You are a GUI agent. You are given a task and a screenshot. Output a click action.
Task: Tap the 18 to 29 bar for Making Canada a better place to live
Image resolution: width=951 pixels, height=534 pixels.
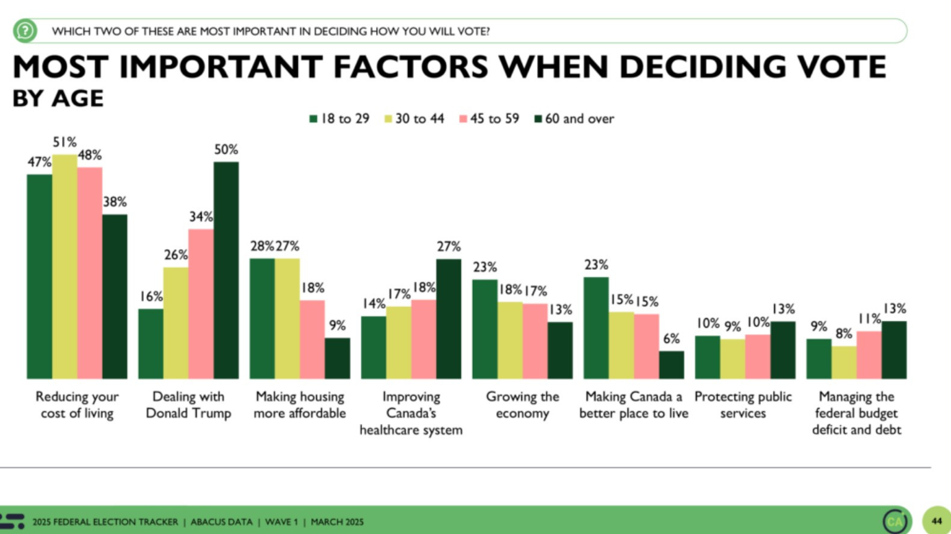596,328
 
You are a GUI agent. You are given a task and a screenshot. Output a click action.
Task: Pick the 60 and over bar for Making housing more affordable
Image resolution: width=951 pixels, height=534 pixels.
337,358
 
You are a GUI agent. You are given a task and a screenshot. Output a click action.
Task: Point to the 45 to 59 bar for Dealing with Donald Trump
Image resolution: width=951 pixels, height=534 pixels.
201,303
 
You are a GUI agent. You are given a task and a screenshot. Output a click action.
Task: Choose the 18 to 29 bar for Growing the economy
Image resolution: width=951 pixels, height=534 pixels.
485,329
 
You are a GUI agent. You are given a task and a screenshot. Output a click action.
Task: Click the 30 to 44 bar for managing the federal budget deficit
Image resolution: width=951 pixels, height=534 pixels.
844,362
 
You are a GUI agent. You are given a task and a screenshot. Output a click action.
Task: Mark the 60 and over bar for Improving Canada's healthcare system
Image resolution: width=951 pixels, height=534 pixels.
449,318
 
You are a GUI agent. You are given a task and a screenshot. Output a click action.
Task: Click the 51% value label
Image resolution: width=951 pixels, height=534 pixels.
64,142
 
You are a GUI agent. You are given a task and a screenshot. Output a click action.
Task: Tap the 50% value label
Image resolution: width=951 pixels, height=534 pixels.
226,149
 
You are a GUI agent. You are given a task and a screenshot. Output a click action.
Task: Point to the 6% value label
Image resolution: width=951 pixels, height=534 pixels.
671,339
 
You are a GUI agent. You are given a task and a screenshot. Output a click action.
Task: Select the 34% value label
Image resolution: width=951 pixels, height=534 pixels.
201,217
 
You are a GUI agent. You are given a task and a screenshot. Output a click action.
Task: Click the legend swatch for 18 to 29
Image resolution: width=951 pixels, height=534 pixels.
313,119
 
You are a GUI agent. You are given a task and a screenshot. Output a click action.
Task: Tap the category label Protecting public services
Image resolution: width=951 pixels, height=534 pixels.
743,405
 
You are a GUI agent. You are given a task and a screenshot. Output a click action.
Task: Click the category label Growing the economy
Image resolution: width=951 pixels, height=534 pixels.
522,405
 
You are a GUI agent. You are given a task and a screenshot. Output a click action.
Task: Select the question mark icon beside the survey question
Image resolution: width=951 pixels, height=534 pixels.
25,31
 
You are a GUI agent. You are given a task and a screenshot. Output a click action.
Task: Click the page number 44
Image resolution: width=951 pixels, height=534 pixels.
936,521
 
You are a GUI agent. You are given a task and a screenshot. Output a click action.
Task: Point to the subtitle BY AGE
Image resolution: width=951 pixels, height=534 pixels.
58,98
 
